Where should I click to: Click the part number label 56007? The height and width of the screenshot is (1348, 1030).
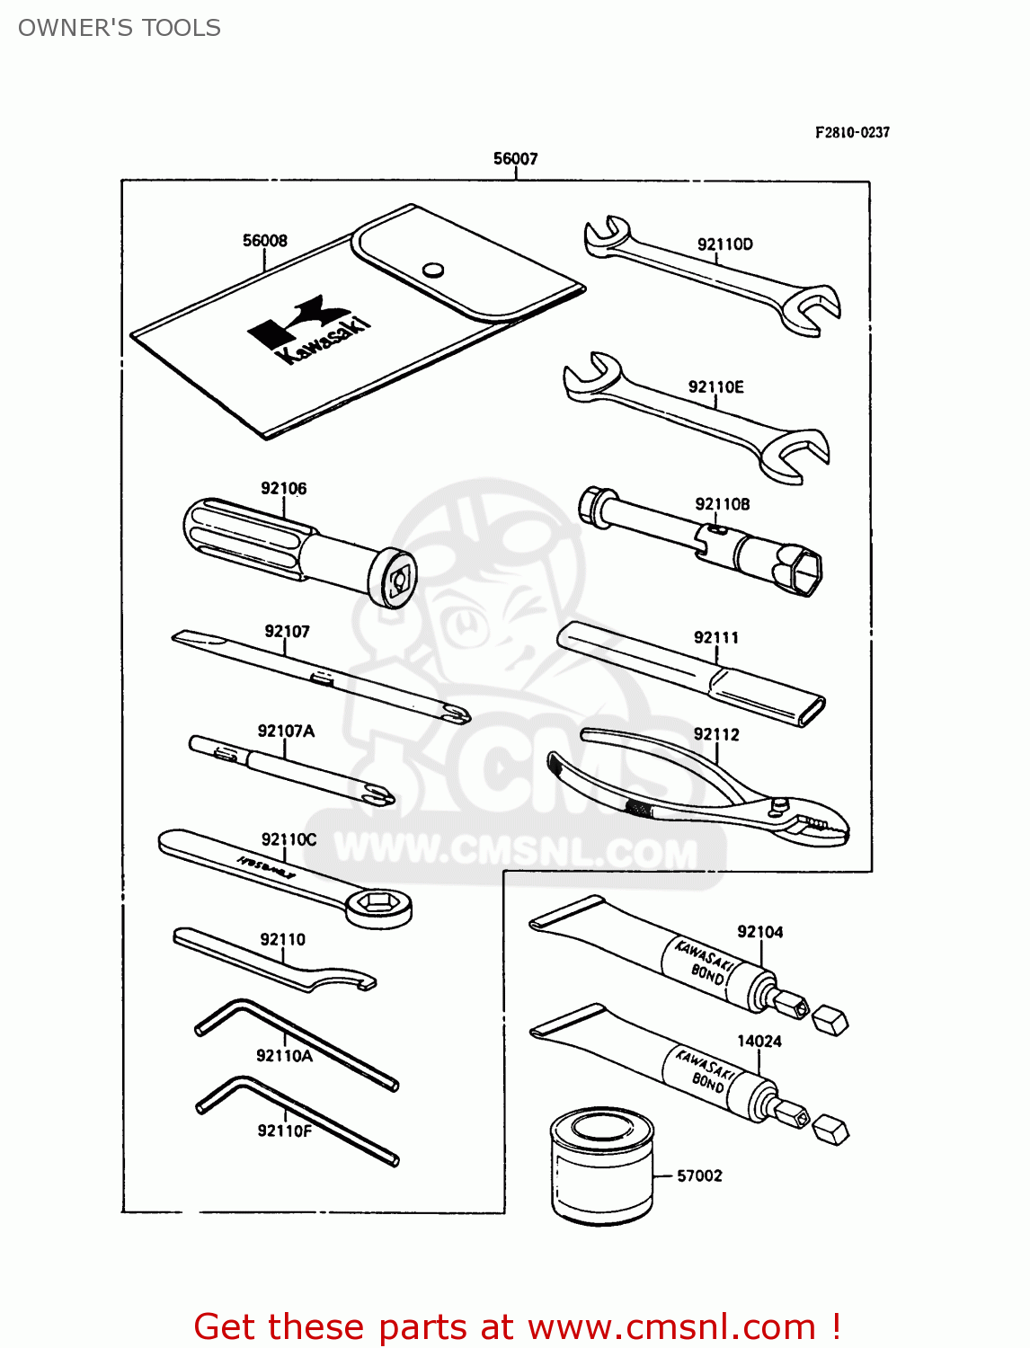point(515,159)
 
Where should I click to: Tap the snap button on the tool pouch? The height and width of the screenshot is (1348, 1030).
point(433,270)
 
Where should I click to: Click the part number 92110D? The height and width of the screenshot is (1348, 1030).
point(724,244)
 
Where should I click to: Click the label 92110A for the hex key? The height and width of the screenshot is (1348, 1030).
point(284,1056)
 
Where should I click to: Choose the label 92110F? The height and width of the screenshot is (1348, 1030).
point(284,1131)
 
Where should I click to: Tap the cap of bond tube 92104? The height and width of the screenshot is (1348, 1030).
point(830,1021)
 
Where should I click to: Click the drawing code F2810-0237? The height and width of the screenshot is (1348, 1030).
point(852,132)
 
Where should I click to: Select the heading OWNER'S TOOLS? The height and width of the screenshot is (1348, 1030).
point(120,28)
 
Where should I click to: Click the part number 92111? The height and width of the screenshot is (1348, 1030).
point(715,638)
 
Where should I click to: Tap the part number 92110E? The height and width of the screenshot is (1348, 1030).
point(715,387)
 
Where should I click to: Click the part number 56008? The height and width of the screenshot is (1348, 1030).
point(265,241)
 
